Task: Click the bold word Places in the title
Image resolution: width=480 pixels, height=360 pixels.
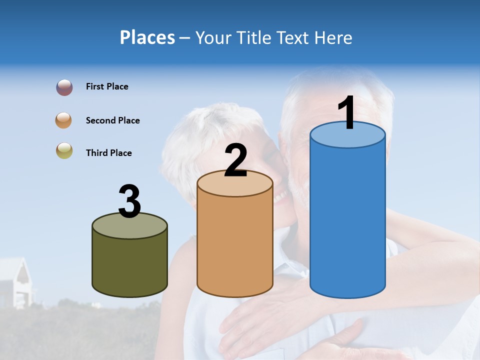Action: click(147, 37)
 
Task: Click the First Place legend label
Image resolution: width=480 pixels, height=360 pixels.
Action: click(107, 86)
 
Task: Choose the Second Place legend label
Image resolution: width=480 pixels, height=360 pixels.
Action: click(112, 120)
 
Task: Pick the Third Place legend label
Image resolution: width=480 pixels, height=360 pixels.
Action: click(108, 153)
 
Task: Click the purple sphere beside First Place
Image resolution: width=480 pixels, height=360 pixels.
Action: click(64, 87)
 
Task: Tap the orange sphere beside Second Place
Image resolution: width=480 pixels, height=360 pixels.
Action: click(64, 120)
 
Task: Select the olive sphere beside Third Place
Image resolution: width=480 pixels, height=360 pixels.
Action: click(64, 150)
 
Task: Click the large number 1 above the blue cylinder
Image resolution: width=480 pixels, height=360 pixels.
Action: click(346, 113)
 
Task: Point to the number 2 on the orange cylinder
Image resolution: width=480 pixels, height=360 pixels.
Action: click(235, 160)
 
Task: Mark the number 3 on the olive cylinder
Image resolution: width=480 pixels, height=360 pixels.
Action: click(129, 201)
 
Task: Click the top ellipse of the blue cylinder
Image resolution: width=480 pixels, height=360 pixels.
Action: click(347, 135)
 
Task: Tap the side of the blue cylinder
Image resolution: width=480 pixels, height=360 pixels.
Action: click(347, 220)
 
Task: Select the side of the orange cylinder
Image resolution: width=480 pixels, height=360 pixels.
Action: click(235, 245)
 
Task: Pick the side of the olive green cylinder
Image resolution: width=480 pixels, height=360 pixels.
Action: click(129, 265)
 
